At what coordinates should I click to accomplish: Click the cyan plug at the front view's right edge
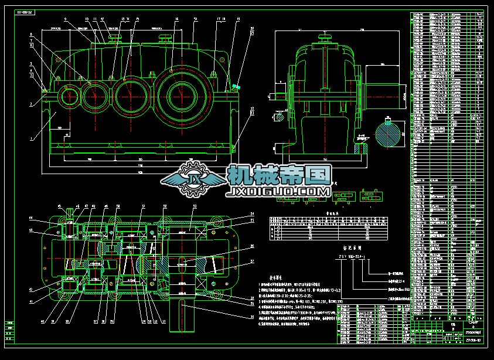pyautogui.click(x=236, y=87)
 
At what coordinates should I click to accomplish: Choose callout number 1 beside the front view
pyautogui.click(x=30, y=140)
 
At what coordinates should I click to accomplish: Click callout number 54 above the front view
pyautogui.click(x=195, y=18)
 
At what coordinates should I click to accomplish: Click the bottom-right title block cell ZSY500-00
pyautogui.click(x=473, y=339)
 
